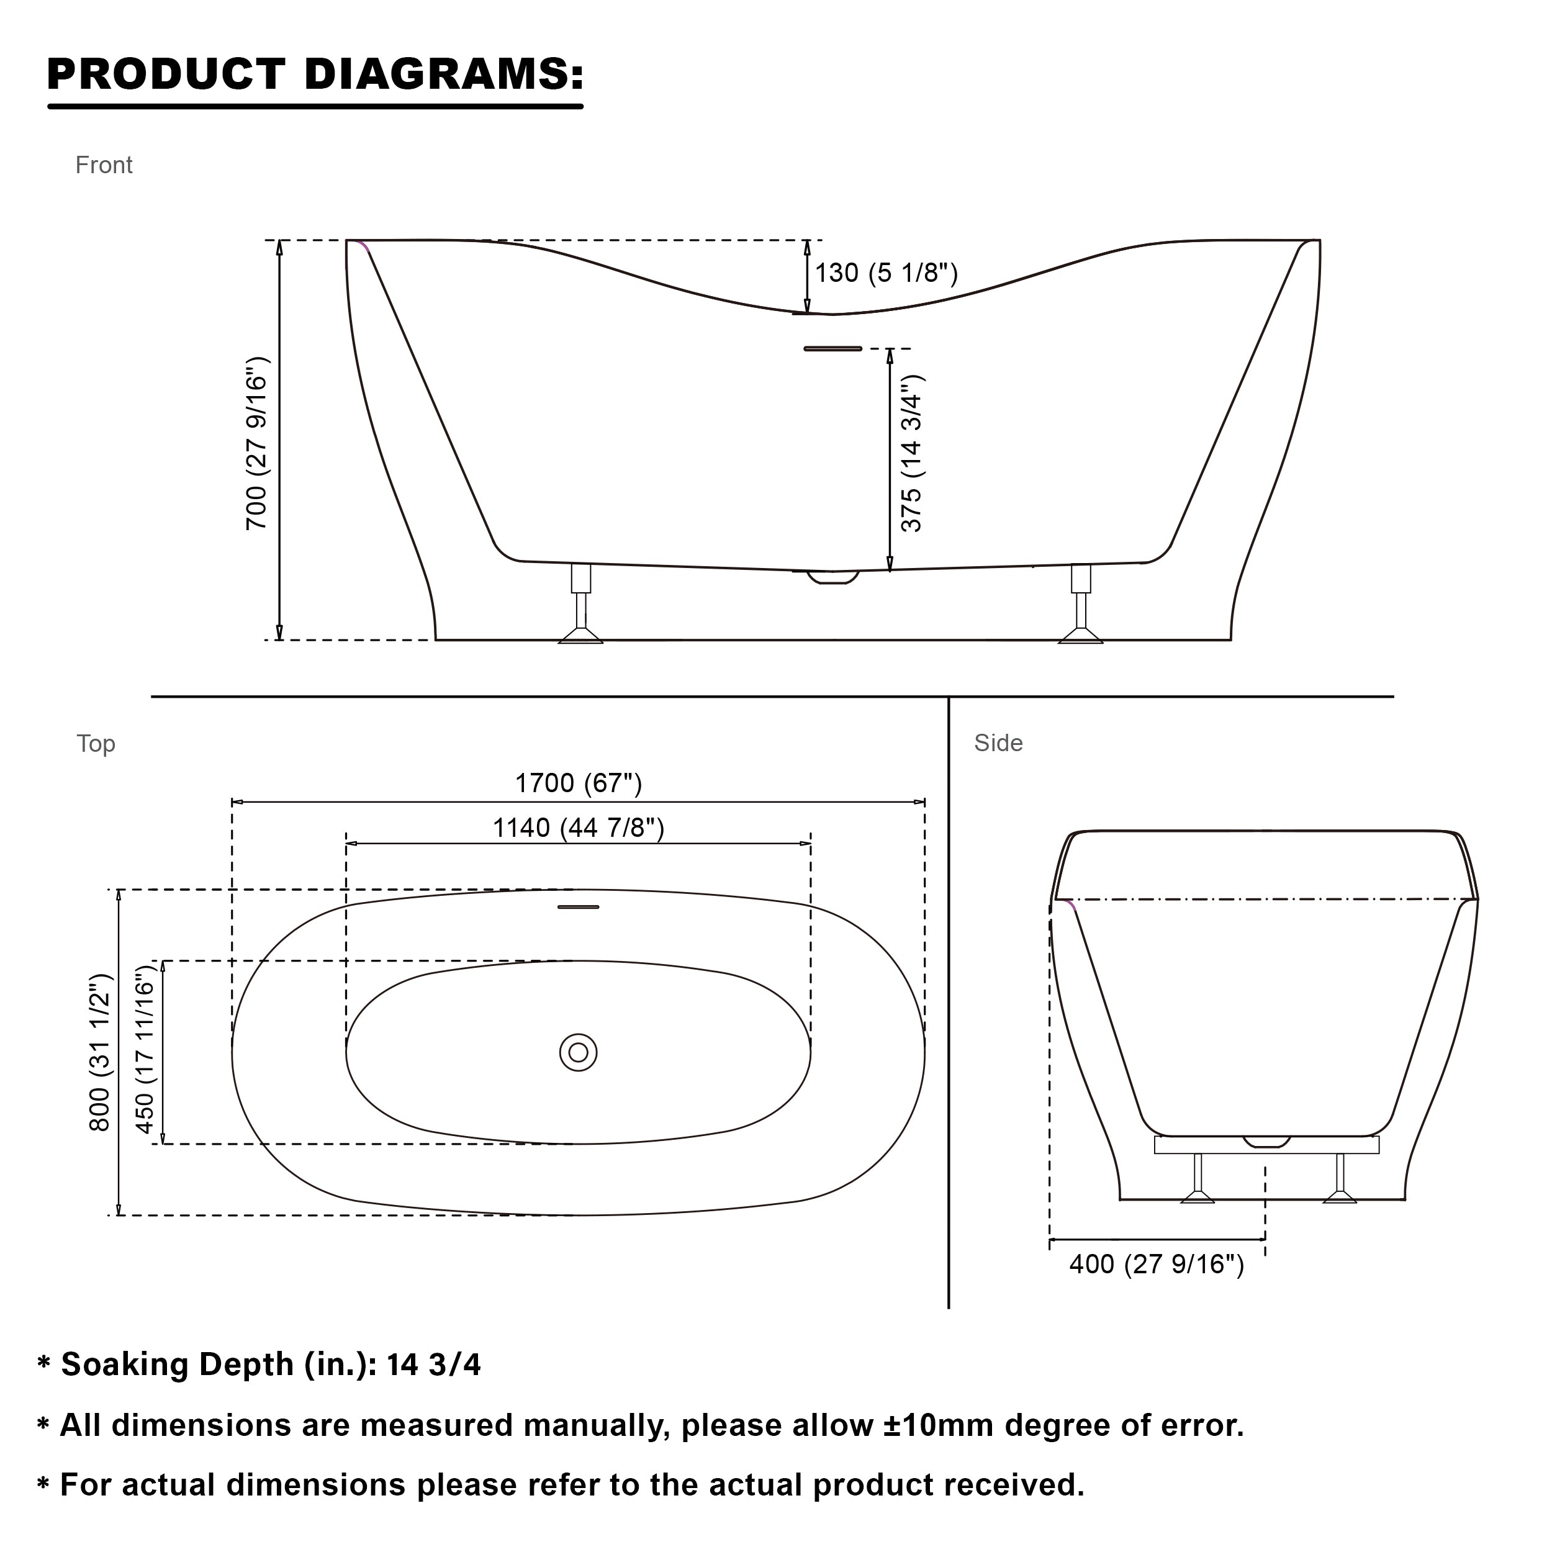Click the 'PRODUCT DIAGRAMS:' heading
pos(315,74)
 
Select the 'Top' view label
pos(96,743)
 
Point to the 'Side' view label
pos(998,743)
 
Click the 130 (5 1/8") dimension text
pos(886,273)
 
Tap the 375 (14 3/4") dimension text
pos(912,453)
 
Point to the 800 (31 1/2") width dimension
pos(99,1052)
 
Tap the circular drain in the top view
pos(579,1052)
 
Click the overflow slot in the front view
pos(832,349)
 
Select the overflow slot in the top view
pos(579,907)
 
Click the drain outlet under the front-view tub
pos(833,576)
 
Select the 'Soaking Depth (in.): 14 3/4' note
pos(271,1364)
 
